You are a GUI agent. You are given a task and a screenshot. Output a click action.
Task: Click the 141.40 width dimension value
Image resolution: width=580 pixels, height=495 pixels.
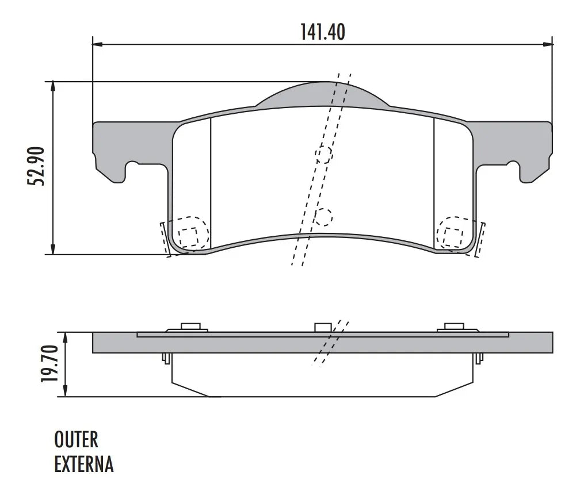[322, 32]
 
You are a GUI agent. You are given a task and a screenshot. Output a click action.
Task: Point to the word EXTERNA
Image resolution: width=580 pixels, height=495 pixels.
[84, 464]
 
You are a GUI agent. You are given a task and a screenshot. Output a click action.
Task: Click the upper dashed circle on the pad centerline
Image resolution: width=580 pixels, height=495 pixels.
[323, 155]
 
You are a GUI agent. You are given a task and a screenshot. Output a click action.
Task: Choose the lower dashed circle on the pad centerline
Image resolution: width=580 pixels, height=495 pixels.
[323, 216]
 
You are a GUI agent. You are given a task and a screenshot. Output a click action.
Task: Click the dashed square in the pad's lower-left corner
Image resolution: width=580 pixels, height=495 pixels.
[188, 236]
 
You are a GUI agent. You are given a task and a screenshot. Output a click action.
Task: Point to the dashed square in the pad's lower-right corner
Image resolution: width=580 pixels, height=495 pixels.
[452, 236]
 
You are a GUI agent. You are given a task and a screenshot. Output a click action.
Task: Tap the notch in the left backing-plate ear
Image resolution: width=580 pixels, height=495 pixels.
[132, 168]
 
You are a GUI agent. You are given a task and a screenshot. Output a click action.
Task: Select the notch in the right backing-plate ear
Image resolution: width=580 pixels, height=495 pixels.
[513, 168]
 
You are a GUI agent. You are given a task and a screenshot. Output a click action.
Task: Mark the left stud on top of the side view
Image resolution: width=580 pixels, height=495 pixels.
[189, 327]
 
